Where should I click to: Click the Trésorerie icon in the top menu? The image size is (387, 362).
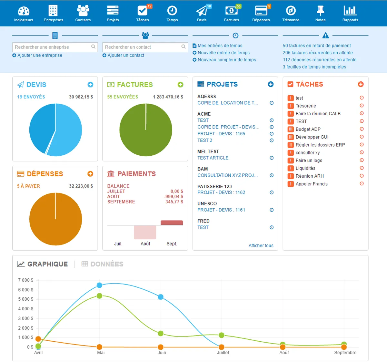coord(291,11)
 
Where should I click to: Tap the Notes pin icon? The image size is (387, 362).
coord(320,11)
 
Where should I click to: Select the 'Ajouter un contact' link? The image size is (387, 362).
coord(126,56)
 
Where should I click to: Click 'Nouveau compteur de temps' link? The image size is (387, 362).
coord(227,60)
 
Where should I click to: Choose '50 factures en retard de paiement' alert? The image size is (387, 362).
coord(317,46)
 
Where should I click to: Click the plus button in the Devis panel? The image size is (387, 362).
coord(90,85)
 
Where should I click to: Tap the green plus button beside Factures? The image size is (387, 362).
coord(180,85)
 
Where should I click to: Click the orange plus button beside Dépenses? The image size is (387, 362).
coord(90,174)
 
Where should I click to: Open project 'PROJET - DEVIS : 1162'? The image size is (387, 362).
coord(221,192)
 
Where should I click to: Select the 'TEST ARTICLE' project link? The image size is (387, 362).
coord(213,158)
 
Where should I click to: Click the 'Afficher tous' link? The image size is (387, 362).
coord(261,246)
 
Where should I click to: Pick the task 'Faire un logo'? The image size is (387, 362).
coord(309,160)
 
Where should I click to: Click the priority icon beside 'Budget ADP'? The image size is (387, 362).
coord(291,129)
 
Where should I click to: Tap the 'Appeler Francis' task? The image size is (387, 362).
coord(312,184)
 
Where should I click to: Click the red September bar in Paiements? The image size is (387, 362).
coord(172,222)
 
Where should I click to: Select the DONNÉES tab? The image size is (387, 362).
coord(106,264)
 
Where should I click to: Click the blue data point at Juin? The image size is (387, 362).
coord(161,297)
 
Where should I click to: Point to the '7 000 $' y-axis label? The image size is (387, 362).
coord(26,280)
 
